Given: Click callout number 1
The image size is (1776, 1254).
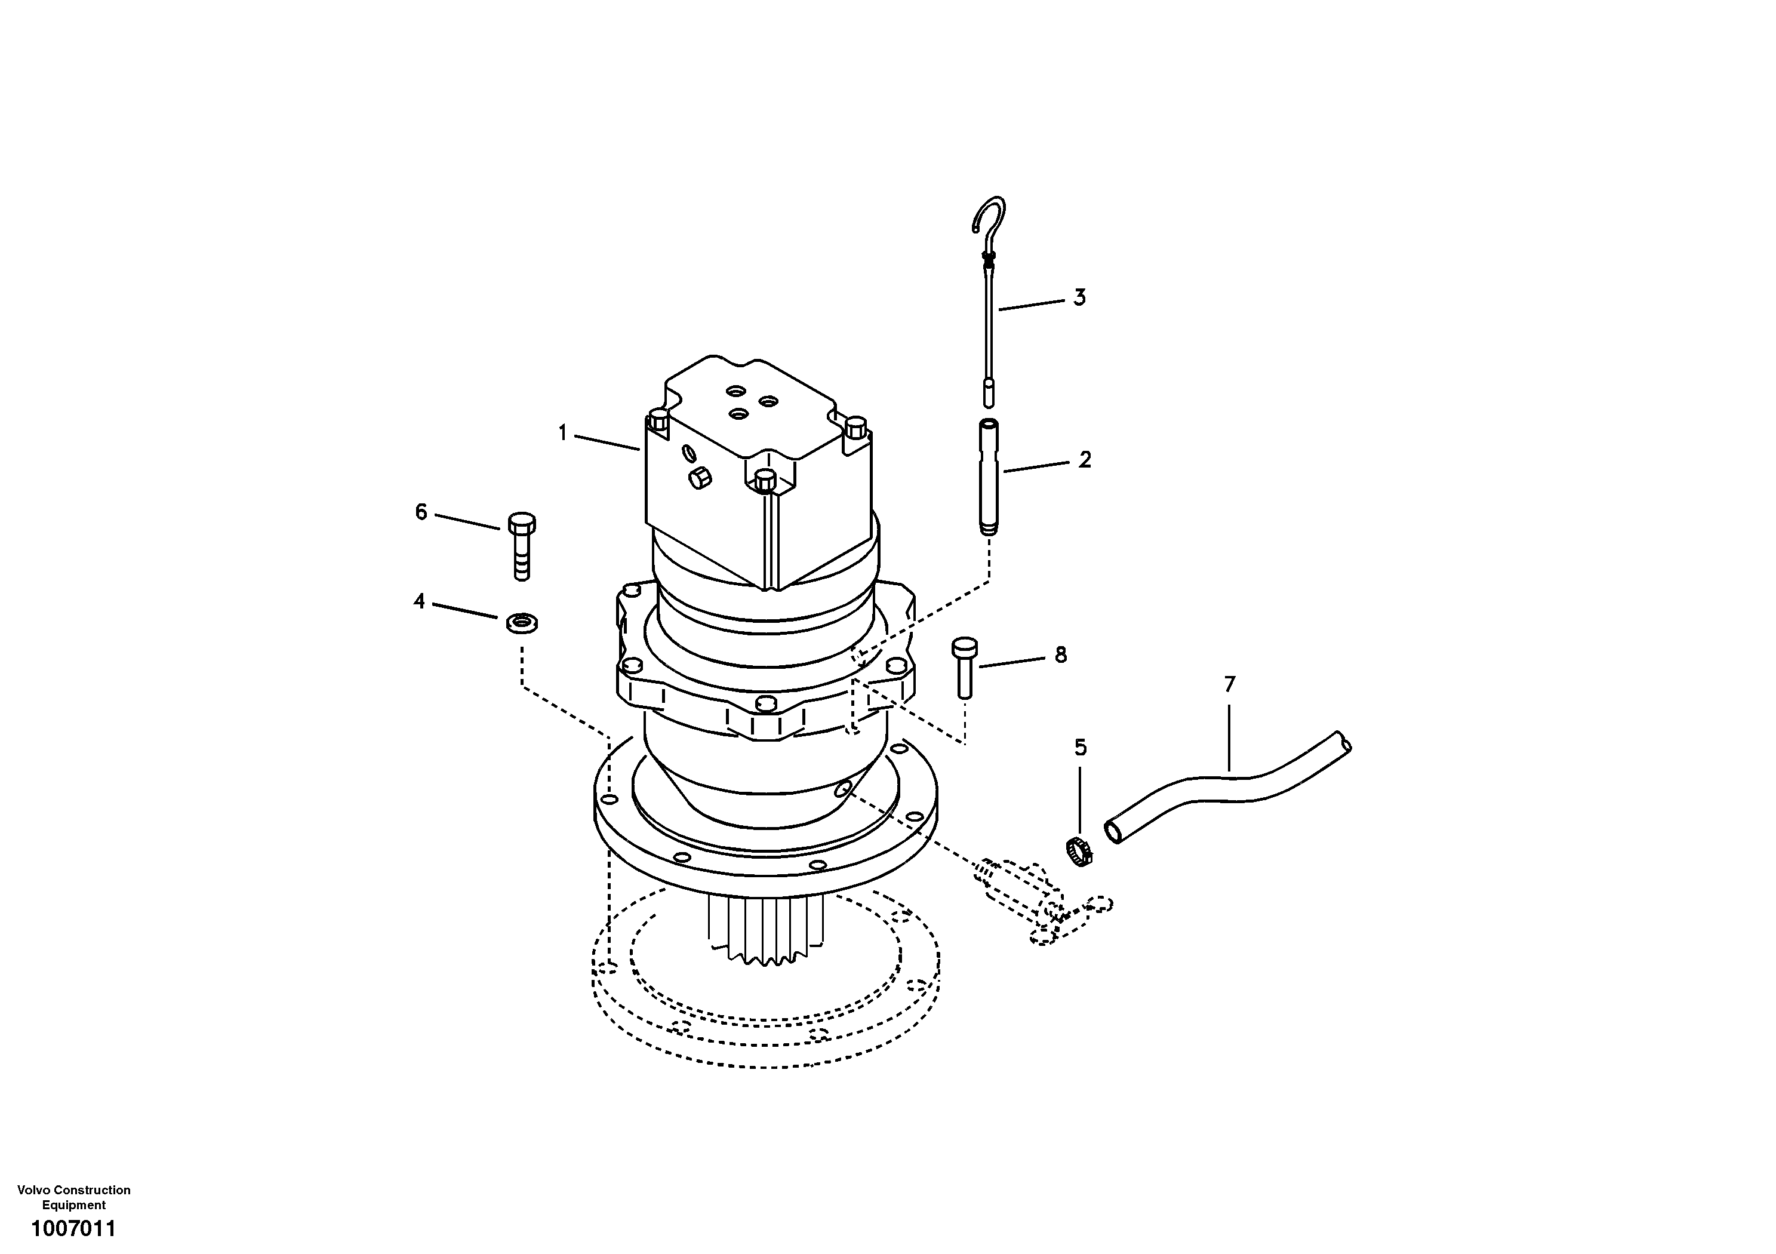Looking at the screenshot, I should click(x=563, y=432).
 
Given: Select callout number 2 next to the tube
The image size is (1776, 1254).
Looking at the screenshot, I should click(x=1085, y=460).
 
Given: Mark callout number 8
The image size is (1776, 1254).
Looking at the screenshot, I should click(x=1060, y=655).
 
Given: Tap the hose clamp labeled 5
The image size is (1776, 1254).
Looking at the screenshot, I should click(x=1078, y=851).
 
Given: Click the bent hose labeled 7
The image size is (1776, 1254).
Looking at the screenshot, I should click(x=1230, y=789).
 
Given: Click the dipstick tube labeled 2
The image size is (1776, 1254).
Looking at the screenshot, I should click(x=989, y=476).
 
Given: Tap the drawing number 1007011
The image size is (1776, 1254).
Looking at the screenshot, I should click(x=73, y=1228).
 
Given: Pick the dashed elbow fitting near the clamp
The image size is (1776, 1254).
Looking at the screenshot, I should click(x=1021, y=890).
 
